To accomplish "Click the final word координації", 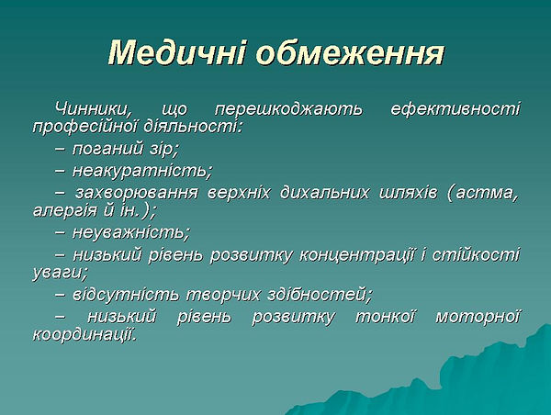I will click(x=84, y=334).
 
